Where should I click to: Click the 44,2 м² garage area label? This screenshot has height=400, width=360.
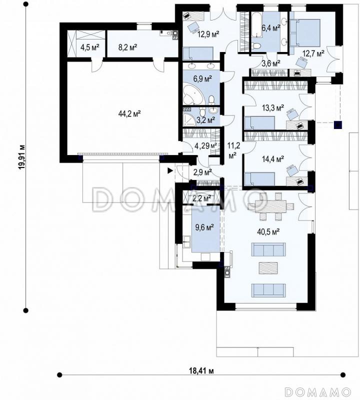click(x=129, y=113)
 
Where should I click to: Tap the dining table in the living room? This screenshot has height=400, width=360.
click(x=270, y=205)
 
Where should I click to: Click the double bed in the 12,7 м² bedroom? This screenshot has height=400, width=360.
click(x=305, y=33)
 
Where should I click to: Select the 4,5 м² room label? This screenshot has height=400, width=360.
click(x=89, y=47)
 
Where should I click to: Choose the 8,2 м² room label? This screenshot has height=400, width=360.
click(x=127, y=47)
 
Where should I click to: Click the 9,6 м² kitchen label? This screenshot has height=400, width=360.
click(x=204, y=227)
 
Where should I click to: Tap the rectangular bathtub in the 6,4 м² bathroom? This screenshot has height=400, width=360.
click(x=256, y=24)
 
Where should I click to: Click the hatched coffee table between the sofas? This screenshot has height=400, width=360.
click(x=268, y=268)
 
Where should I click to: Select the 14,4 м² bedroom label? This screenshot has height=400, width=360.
click(x=273, y=159)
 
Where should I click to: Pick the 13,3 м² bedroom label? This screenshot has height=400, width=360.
click(x=273, y=108)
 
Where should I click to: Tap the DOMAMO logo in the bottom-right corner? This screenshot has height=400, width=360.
click(x=318, y=391)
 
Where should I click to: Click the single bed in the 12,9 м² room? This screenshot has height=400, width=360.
click(x=198, y=53)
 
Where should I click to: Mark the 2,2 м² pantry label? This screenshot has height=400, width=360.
click(x=202, y=198)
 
